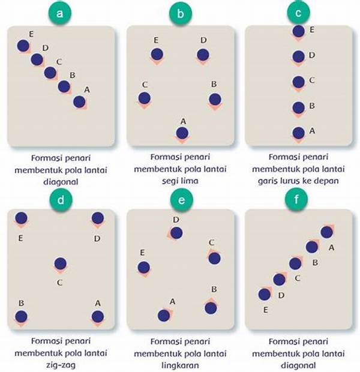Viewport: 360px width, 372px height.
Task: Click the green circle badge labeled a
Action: click(x=60, y=13)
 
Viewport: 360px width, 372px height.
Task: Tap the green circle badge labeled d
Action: click(x=60, y=199)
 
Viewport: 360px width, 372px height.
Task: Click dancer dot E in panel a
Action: click(x=23, y=46)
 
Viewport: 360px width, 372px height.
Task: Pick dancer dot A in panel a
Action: click(x=79, y=101)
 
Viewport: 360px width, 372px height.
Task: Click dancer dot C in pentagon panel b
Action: click(x=144, y=98)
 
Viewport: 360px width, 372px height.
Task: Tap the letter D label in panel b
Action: click(x=204, y=40)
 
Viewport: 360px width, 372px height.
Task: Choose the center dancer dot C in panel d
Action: click(x=60, y=263)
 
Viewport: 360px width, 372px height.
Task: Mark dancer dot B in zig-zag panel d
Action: click(x=21, y=316)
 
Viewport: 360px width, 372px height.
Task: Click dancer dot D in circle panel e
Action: click(x=175, y=232)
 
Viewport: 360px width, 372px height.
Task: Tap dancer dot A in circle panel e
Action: click(x=164, y=314)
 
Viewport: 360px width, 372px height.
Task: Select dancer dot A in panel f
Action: click(x=326, y=232)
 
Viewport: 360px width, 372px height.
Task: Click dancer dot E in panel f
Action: click(x=264, y=294)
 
